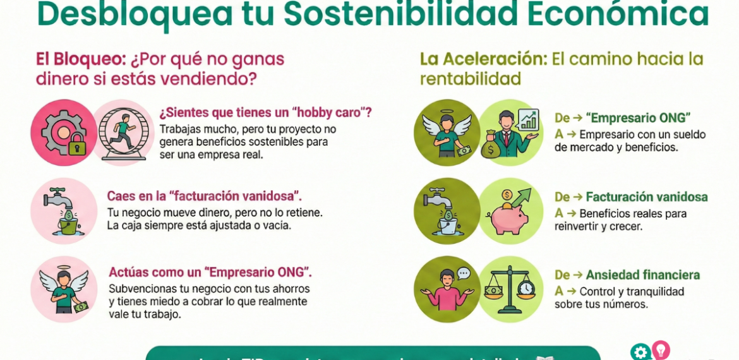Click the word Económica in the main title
tap(618, 14)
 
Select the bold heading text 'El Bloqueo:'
tap(81, 59)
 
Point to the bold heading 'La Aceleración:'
tap(483, 59)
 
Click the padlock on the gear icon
tap(77, 145)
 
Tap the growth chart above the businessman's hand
tap(527, 119)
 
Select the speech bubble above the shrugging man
tap(464, 273)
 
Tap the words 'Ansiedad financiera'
tap(642, 275)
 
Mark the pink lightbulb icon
tap(661, 349)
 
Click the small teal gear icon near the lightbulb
tap(640, 352)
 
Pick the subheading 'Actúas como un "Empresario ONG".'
tap(210, 272)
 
